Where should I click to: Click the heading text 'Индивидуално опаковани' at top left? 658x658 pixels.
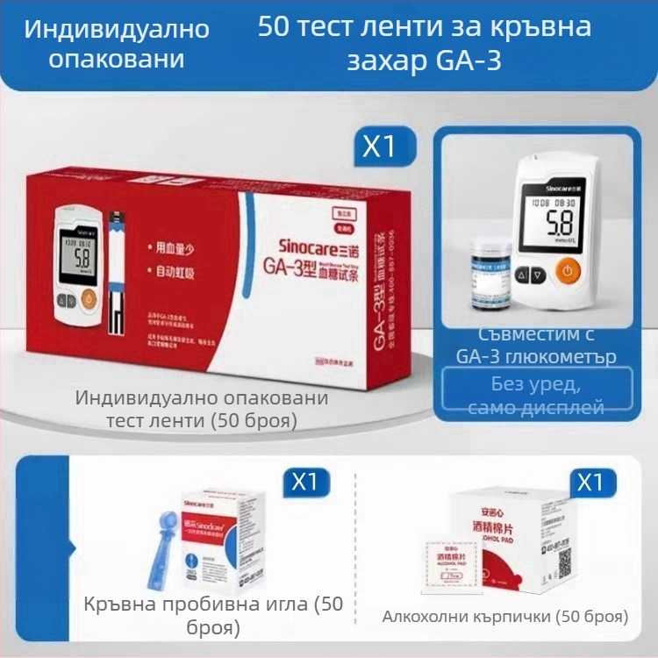[117, 44]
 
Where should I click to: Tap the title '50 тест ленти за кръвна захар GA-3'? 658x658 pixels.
[424, 44]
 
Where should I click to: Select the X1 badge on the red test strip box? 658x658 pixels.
[379, 147]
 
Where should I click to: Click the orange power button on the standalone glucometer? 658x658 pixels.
[568, 271]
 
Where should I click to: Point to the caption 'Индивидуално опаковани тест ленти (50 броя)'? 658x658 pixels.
[201, 409]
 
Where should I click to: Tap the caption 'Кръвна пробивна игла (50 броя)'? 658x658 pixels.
[213, 616]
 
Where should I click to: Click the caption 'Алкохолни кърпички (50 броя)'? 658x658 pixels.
[504, 616]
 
